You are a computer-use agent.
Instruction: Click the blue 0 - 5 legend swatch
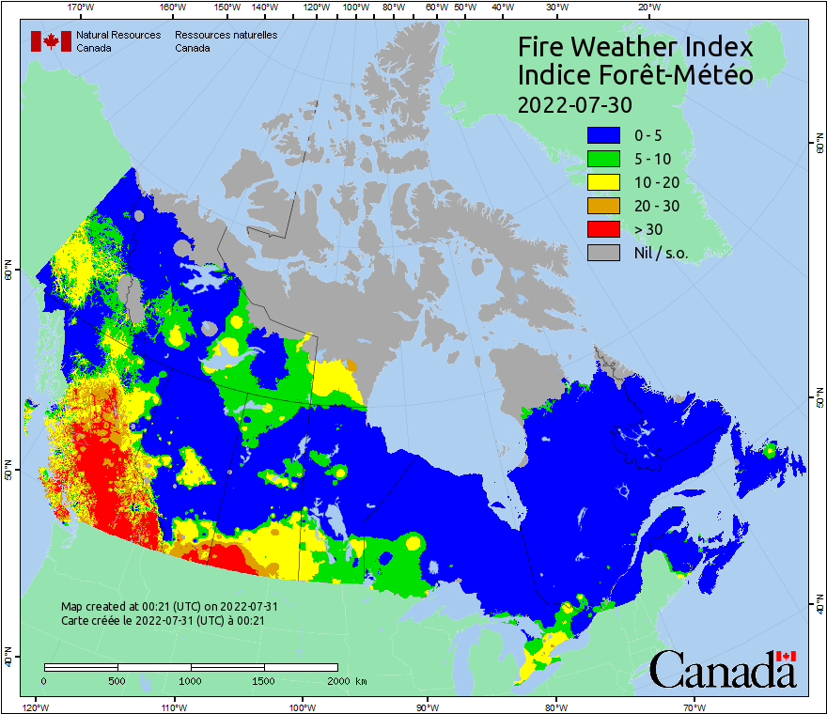[601, 136]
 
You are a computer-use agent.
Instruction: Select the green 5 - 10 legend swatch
[601, 159]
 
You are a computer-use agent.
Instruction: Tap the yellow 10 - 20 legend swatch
[601, 182]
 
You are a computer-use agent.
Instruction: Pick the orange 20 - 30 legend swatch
[601, 206]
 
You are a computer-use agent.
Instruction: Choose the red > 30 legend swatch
[601, 228]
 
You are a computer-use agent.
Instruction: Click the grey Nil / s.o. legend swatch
[601, 252]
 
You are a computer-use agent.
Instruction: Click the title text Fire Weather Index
[635, 47]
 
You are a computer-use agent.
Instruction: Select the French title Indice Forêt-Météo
[635, 75]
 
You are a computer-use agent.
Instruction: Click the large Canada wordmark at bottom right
[723, 671]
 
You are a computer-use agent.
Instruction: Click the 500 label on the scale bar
[117, 680]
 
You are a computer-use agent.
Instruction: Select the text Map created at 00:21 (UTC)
[169, 607]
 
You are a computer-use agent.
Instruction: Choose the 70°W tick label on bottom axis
[694, 706]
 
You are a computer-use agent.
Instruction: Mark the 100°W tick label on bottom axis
[302, 706]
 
